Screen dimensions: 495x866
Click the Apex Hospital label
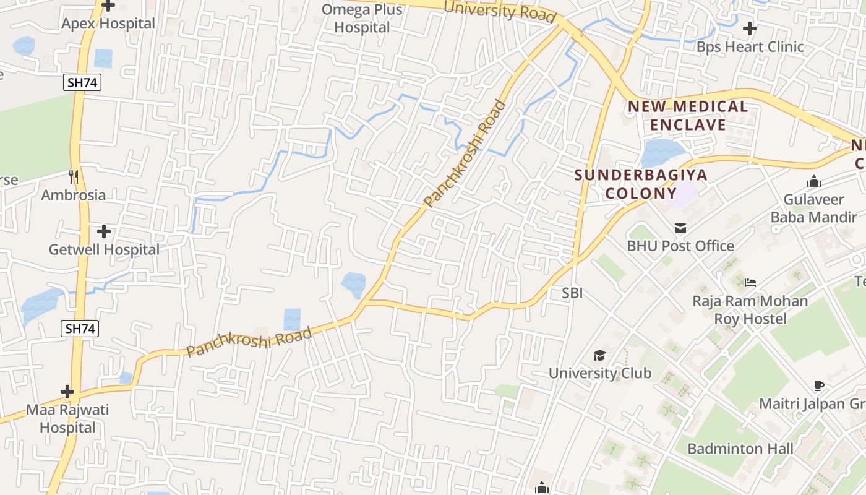point(108,24)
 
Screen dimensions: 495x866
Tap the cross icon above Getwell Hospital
point(104,231)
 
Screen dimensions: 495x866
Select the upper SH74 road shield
point(82,82)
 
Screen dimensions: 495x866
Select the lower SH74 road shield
point(80,329)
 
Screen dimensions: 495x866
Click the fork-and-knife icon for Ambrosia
point(74,177)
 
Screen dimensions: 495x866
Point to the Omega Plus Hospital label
point(362,19)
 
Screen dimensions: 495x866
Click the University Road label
point(500,11)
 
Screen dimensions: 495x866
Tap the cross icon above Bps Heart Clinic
point(750,28)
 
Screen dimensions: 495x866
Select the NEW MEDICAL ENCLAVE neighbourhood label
point(688,116)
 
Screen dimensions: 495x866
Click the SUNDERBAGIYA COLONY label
point(641,183)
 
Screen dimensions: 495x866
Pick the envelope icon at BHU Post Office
point(680,228)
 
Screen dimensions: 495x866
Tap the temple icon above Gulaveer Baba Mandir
point(813,182)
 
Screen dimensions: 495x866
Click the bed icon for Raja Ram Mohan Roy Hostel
point(750,283)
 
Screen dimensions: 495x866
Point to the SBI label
point(572,293)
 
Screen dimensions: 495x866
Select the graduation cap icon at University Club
point(599,356)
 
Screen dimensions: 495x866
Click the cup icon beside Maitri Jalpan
point(819,386)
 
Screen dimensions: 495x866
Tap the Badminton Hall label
point(740,449)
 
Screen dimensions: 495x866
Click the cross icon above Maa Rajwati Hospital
point(67,392)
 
